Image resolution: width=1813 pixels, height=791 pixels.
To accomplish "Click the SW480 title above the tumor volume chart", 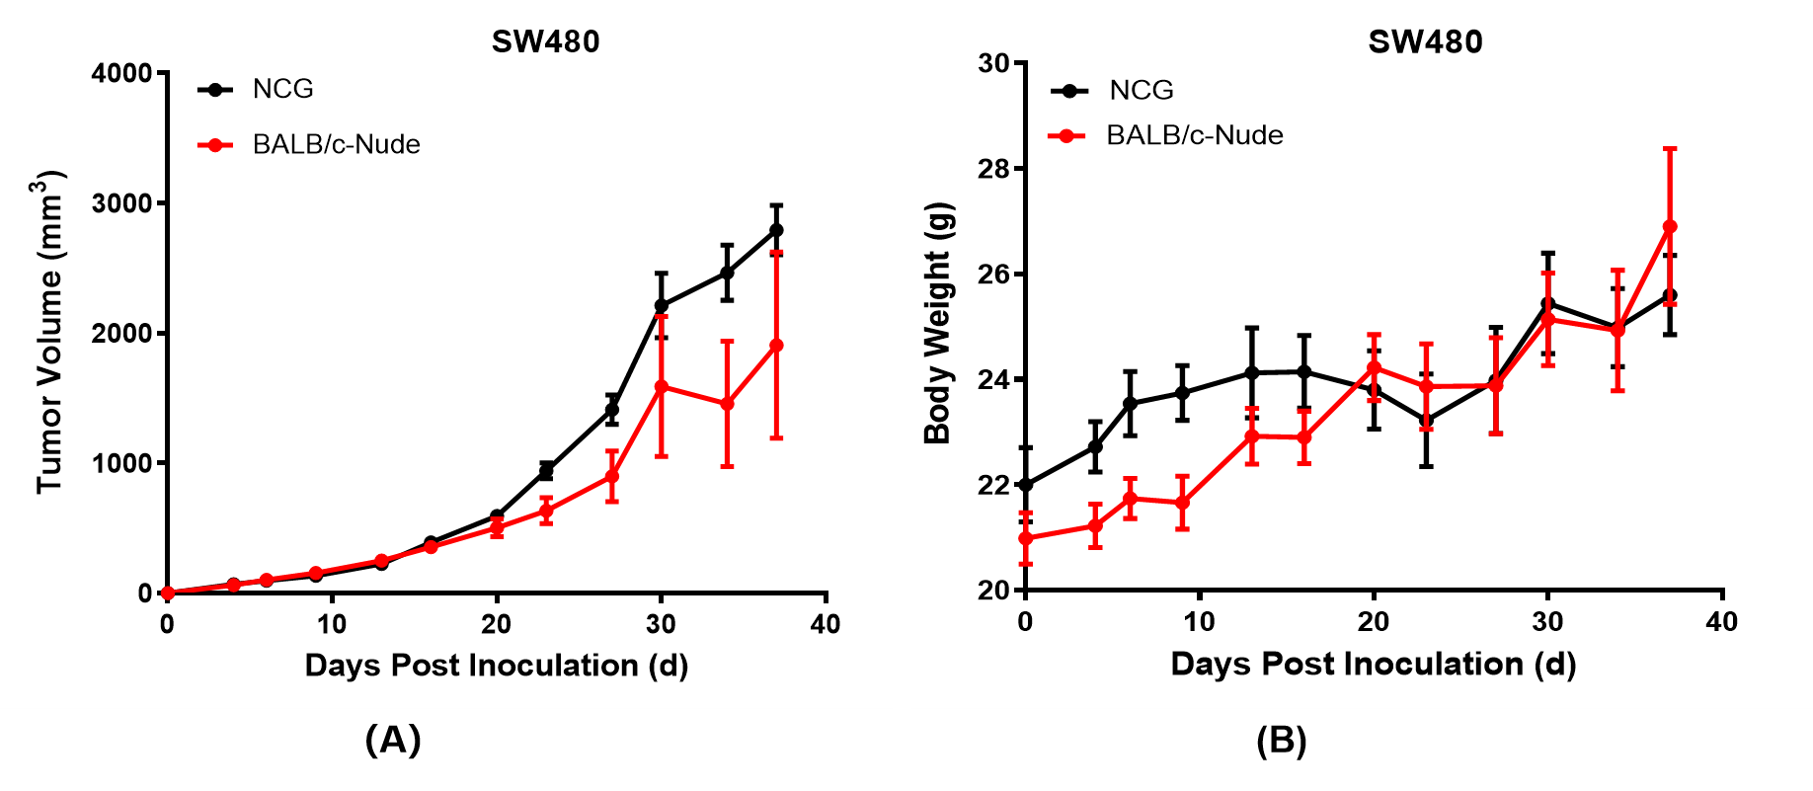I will click(x=545, y=41).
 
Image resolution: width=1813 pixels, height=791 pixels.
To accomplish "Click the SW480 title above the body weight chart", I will click(x=1424, y=41).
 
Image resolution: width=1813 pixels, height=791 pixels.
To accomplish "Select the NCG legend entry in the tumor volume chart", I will click(x=282, y=89).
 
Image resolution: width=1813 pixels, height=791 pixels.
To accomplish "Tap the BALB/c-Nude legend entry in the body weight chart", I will click(x=1194, y=135).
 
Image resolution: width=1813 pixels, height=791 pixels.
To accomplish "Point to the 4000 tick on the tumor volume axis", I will click(x=121, y=73).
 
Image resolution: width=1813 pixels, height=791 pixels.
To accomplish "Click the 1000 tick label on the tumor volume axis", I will click(x=121, y=463).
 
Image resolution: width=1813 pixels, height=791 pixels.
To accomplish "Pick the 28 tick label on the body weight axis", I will click(x=994, y=169).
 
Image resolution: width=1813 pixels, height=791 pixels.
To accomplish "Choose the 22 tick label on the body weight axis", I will click(x=994, y=485).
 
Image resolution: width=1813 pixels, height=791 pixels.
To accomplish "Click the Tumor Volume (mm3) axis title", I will click(x=49, y=332).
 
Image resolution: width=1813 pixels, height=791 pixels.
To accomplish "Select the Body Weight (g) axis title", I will click(x=937, y=323).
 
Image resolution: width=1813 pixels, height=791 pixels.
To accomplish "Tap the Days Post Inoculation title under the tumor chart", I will click(x=496, y=665).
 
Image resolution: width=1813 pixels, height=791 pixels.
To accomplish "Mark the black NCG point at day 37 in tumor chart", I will click(x=776, y=230).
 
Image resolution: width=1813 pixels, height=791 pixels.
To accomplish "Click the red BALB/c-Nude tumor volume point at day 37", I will click(x=776, y=346).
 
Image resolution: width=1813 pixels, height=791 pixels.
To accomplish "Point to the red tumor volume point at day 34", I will click(x=727, y=403).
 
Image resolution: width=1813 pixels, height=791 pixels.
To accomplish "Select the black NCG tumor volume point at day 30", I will click(x=662, y=306).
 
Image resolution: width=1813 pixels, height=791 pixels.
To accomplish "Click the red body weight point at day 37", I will click(x=1670, y=226).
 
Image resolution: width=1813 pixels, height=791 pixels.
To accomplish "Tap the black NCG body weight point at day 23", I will click(x=1426, y=421).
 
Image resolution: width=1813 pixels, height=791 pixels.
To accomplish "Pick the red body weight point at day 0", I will click(x=1025, y=538).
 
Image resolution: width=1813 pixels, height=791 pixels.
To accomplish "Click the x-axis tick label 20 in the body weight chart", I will click(x=1373, y=621).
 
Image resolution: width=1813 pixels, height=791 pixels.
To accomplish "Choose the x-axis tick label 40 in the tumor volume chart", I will click(x=826, y=624).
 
